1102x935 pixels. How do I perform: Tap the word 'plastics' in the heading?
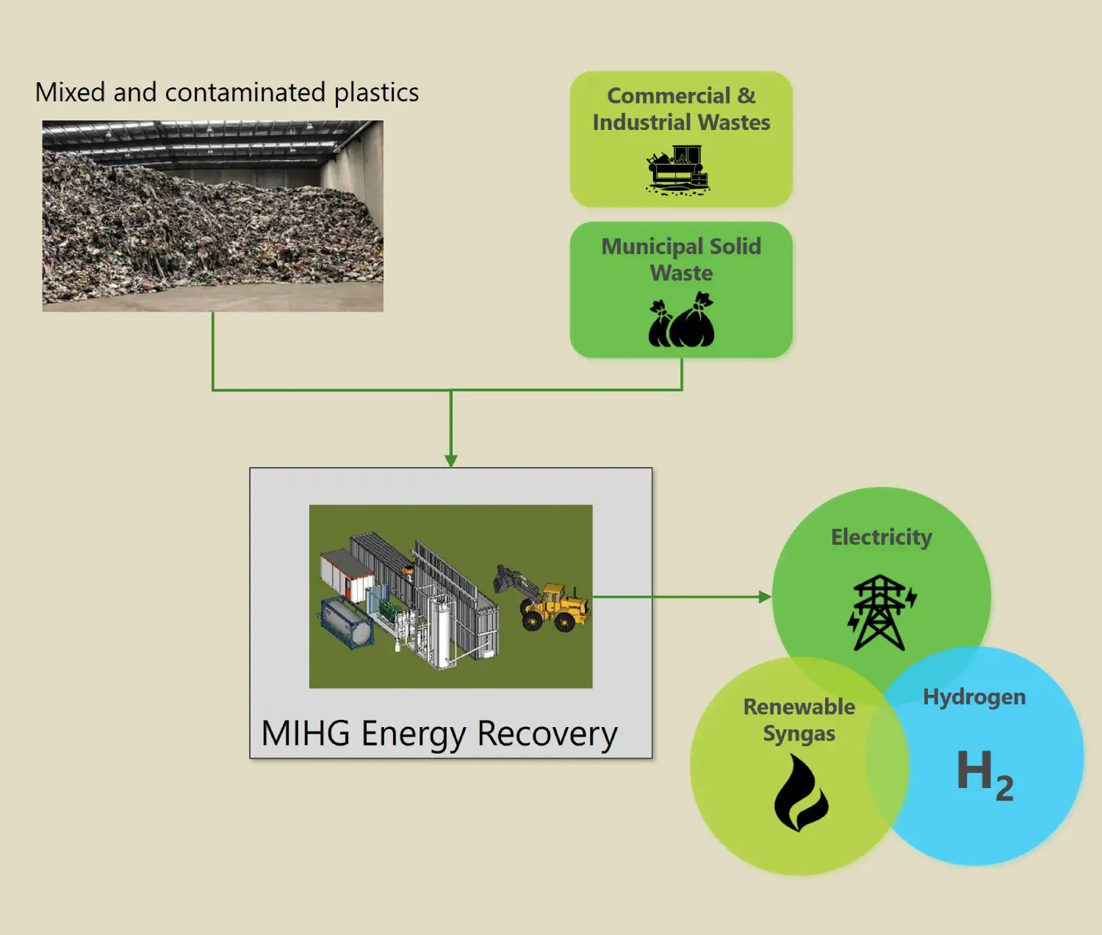[x=376, y=93]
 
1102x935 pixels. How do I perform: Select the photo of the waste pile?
[x=212, y=216]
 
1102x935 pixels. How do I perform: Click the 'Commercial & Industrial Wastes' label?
[x=681, y=109]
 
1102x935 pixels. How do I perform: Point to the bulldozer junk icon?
[x=677, y=170]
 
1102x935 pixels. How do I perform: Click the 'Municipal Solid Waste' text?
[x=681, y=259]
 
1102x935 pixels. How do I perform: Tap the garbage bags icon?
[x=681, y=320]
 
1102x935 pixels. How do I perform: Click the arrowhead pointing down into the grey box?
[x=451, y=461]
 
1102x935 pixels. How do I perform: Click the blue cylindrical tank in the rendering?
[x=346, y=623]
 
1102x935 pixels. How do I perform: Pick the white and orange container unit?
[x=347, y=572]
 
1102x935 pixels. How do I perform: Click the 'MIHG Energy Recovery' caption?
[x=439, y=734]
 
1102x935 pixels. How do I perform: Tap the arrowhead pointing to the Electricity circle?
[x=765, y=597]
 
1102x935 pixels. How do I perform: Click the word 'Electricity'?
[x=881, y=537]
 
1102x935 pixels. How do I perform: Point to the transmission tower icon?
[x=881, y=613]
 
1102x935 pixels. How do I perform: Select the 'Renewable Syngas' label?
[x=799, y=720]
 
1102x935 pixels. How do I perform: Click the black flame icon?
[x=801, y=794]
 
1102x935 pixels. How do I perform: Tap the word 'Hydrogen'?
[x=974, y=696]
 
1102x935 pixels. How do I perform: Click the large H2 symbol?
[x=984, y=774]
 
